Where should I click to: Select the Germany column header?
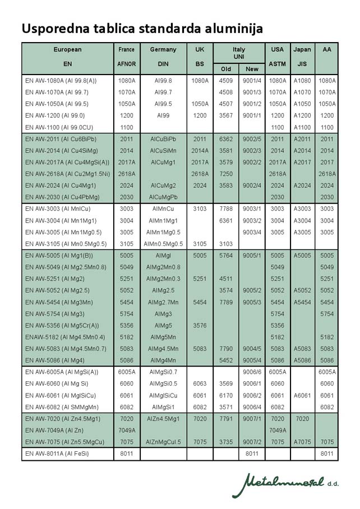(x=163, y=49)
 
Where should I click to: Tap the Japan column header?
(x=302, y=49)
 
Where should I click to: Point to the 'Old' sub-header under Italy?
(x=226, y=69)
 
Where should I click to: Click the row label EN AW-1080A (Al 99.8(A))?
(x=61, y=81)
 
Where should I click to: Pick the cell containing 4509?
(x=226, y=81)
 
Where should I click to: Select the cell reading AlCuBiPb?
(x=163, y=139)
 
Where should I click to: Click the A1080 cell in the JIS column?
(x=302, y=81)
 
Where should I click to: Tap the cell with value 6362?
(x=226, y=139)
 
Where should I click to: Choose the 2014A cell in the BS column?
(x=200, y=151)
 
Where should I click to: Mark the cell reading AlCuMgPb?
(x=163, y=197)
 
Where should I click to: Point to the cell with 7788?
(x=226, y=209)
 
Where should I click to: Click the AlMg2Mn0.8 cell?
(x=163, y=267)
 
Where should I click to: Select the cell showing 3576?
(x=200, y=325)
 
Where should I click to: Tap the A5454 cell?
(x=302, y=302)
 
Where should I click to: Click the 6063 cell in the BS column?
(x=200, y=383)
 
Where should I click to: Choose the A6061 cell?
(x=302, y=395)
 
